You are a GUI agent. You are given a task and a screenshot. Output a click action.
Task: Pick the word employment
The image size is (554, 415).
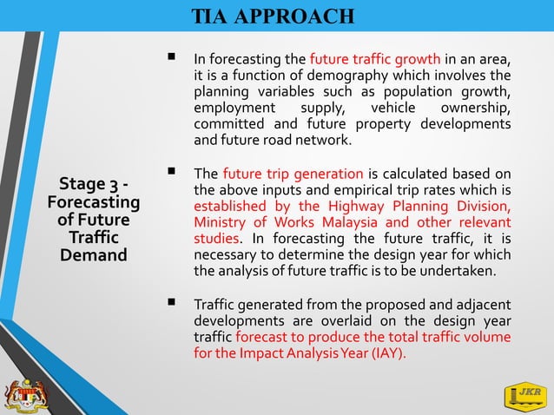pyautogui.click(x=234, y=109)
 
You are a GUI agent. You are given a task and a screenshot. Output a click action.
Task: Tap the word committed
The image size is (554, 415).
pyautogui.click(x=228, y=125)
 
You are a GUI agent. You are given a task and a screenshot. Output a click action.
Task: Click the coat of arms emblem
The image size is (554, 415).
pyautogui.click(x=26, y=392)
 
